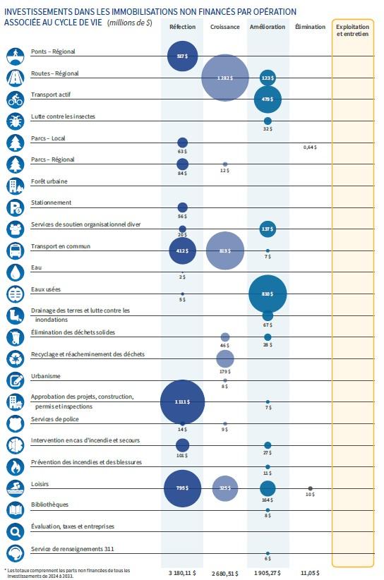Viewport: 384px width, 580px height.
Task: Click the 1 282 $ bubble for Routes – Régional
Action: click(x=224, y=78)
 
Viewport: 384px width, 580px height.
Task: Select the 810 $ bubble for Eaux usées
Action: click(x=268, y=294)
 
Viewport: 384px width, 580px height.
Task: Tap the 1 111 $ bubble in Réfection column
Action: click(x=182, y=401)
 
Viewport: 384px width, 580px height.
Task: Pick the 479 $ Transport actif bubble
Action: click(x=268, y=99)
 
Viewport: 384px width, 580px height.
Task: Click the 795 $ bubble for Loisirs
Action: click(x=182, y=488)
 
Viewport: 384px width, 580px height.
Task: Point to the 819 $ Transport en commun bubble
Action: click(x=224, y=250)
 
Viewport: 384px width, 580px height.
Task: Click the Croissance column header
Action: click(x=224, y=27)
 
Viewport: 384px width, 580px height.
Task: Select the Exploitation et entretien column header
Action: click(x=352, y=30)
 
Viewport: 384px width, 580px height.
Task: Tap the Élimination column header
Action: click(x=310, y=27)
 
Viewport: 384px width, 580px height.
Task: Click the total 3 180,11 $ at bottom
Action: click(x=182, y=572)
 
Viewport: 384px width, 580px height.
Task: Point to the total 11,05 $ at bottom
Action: click(x=310, y=572)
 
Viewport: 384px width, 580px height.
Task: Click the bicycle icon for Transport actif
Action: click(x=16, y=99)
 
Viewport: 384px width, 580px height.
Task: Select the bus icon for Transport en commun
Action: click(x=16, y=250)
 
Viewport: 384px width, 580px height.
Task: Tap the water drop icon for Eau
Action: click(x=16, y=272)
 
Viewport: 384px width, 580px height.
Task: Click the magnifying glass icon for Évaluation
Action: click(x=16, y=531)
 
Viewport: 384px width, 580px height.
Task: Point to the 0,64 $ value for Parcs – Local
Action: click(x=310, y=147)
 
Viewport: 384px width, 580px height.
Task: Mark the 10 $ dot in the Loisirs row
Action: click(x=310, y=489)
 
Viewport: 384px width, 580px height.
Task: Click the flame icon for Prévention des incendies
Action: click(x=16, y=466)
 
